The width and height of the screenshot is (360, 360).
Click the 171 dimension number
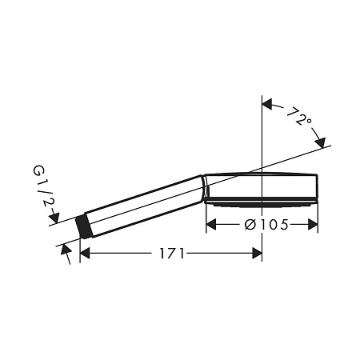coord(172,254)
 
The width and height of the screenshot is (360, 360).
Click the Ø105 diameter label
coord(266,225)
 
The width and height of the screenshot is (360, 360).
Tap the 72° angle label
coord(299,116)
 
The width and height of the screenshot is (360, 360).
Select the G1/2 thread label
coord(43,186)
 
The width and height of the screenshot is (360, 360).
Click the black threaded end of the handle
coord(84,226)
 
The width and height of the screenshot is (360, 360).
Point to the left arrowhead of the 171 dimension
coord(85,253)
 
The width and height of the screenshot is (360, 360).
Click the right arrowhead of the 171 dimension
coord(257,253)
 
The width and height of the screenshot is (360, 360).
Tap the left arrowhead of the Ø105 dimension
coord(211,225)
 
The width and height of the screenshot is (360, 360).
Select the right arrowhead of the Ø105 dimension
coord(313,225)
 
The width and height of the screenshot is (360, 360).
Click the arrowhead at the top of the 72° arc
coord(267,104)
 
